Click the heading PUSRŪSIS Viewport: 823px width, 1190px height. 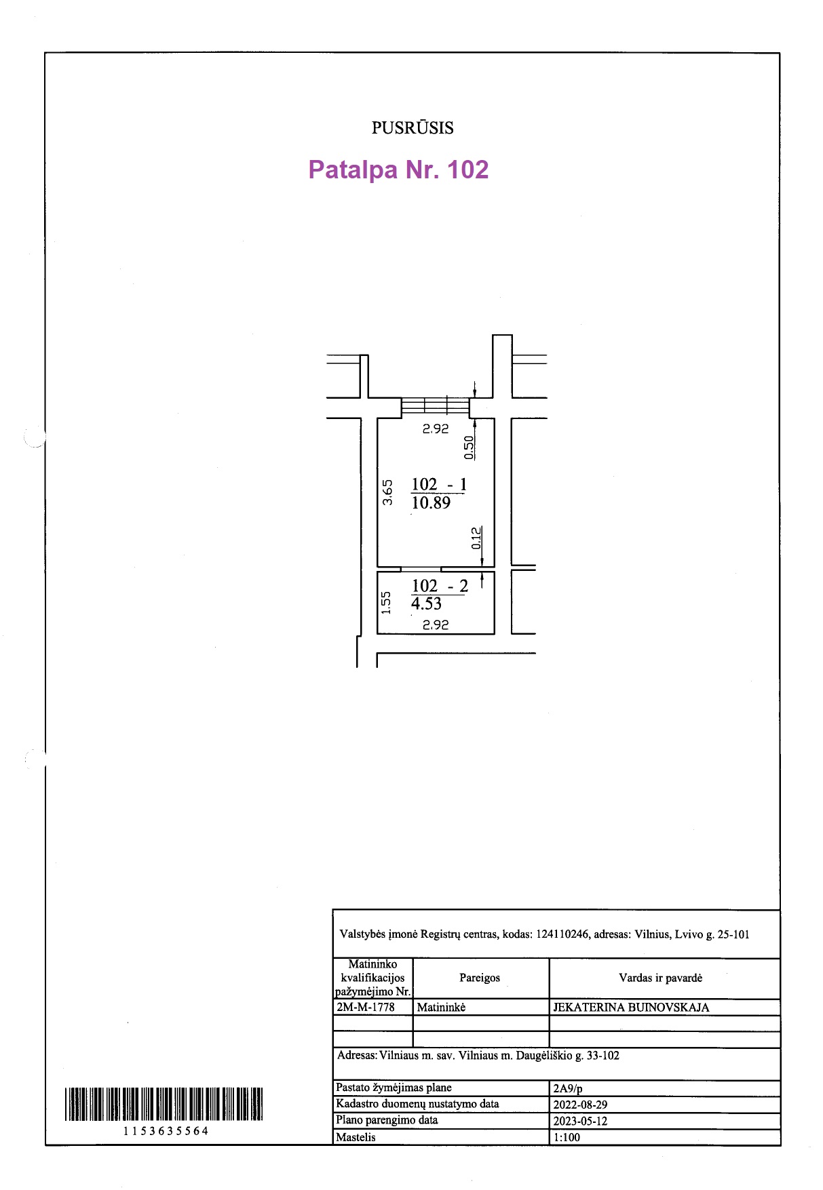pyautogui.click(x=413, y=127)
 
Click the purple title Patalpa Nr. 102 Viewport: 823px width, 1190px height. pyautogui.click(x=398, y=170)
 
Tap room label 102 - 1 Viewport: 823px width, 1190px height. pyautogui.click(x=439, y=484)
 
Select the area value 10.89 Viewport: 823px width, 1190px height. pyautogui.click(x=431, y=502)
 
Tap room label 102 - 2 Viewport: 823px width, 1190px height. pyautogui.click(x=440, y=586)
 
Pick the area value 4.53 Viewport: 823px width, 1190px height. pyautogui.click(x=426, y=603)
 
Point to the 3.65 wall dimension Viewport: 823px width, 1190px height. pyautogui.click(x=387, y=492)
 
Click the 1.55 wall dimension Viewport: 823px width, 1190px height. pyautogui.click(x=386, y=603)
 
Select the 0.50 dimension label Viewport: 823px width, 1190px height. pyautogui.click(x=468, y=448)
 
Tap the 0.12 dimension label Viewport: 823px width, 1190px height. pyautogui.click(x=476, y=538)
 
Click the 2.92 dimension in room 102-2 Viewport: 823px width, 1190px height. pyautogui.click(x=436, y=624)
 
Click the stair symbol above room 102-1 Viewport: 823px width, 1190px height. pyautogui.click(x=435, y=406)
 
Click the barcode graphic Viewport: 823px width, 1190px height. pyautogui.click(x=164, y=1104)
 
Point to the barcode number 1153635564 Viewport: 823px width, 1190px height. pyautogui.click(x=166, y=1131)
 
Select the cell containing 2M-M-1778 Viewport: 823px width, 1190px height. pyautogui.click(x=373, y=1007)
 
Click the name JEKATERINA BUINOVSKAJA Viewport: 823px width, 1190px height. pyautogui.click(x=631, y=1008)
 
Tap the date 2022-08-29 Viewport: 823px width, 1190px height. pyautogui.click(x=580, y=1105)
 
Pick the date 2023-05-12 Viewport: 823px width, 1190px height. pyautogui.click(x=580, y=1121)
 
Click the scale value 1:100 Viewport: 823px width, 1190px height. pyautogui.click(x=567, y=1137)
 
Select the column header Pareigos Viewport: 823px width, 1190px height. pyautogui.click(x=480, y=978)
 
